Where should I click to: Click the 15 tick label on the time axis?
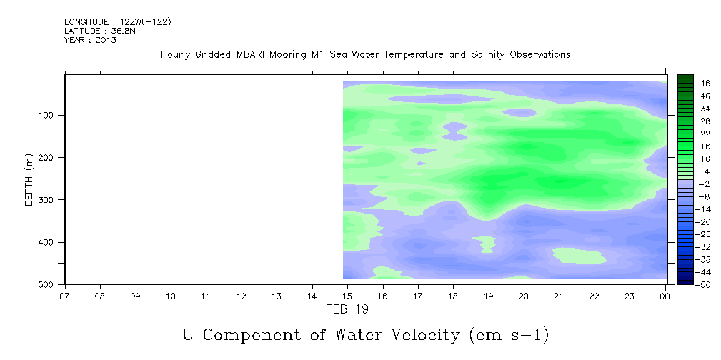[x=347, y=296]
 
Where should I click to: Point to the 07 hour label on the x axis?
[x=65, y=296]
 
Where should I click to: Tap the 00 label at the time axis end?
[x=665, y=296]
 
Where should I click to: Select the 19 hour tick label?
[x=489, y=296]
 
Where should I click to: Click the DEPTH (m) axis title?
[x=29, y=179]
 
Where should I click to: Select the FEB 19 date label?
[x=347, y=309]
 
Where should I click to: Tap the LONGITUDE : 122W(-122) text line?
[x=118, y=22]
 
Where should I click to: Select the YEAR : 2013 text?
[x=90, y=40]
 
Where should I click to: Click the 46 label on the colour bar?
[x=706, y=84]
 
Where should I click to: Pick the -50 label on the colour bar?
[x=704, y=284]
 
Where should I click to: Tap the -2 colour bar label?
[x=704, y=184]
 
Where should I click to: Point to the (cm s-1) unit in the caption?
[x=509, y=335]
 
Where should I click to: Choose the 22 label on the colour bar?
[x=706, y=134]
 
